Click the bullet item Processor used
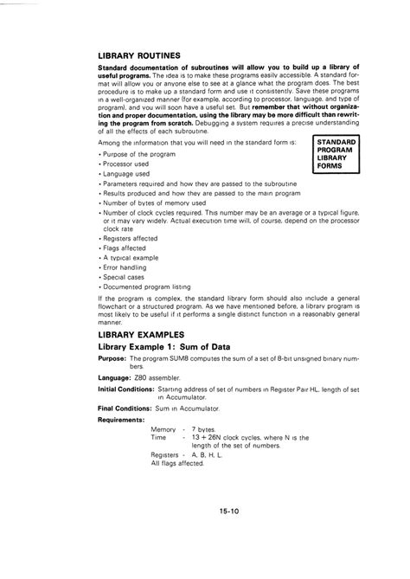[127, 163]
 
